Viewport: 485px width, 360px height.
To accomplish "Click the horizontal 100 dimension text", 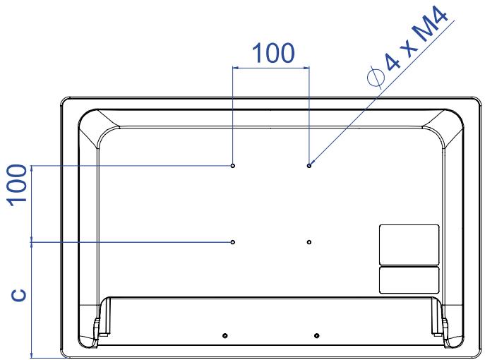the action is coord(273,53).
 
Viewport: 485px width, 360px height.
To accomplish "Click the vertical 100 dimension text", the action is coord(18,185).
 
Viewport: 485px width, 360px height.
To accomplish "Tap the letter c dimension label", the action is coord(19,295).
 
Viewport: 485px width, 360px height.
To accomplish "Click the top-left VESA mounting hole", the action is coord(233,166).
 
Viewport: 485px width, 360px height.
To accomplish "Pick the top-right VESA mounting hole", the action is coord(309,166).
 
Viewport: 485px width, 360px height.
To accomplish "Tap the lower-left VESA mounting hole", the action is coord(233,242).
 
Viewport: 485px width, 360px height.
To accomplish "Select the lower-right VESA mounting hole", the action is coord(309,242).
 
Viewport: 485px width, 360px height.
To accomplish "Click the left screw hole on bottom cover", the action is coord(225,335).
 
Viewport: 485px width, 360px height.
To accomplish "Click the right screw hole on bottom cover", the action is coord(316,335).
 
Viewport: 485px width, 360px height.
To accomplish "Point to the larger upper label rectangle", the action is coord(409,245).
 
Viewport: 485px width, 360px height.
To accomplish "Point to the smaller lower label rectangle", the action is coord(409,280).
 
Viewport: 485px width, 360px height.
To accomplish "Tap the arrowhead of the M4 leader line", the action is coord(311,163).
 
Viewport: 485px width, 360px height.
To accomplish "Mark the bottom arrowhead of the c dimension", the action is coord(31,355).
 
